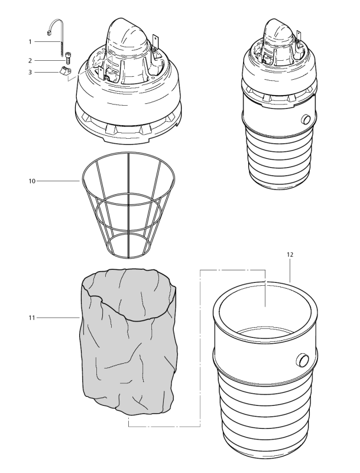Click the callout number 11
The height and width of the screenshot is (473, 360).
tap(31, 318)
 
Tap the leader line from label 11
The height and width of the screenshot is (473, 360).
tap(59, 318)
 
